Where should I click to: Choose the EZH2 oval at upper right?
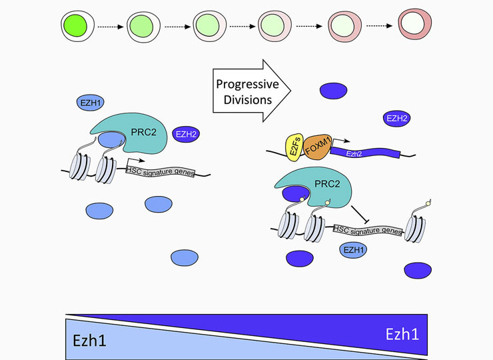(x=396, y=119)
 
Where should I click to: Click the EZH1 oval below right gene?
(x=353, y=250)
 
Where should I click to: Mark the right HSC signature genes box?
(x=366, y=230)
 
